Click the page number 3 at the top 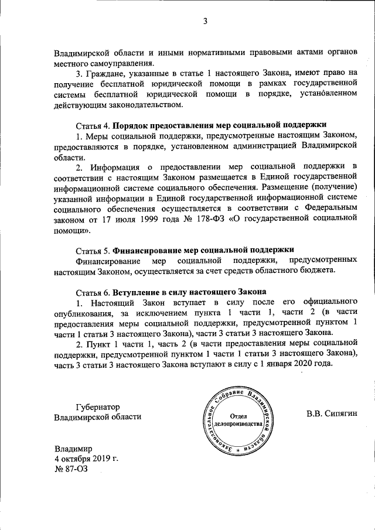tap(205, 22)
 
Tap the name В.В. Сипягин tap(331, 415)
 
